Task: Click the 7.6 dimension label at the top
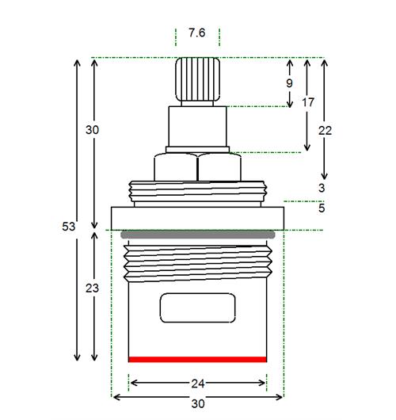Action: pos(196,33)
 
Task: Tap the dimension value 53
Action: pos(69,227)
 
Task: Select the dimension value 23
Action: pos(92,288)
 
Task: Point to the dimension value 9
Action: pos(289,83)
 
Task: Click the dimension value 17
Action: pos(308,102)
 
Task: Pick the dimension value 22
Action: pos(325,131)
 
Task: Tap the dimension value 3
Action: pos(322,188)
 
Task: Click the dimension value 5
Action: pos(322,208)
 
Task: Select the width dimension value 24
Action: pos(198,384)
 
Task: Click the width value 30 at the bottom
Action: pos(198,403)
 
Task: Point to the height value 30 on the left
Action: pos(92,130)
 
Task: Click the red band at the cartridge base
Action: pos(197,359)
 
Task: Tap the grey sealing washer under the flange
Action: pos(197,235)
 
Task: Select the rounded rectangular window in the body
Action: pos(197,307)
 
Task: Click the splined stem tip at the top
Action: pos(197,79)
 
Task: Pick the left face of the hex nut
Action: pos(176,167)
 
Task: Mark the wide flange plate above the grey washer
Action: pos(197,218)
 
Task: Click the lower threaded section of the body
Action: pos(197,263)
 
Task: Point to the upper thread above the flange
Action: pos(197,191)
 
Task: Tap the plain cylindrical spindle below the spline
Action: pos(197,127)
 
